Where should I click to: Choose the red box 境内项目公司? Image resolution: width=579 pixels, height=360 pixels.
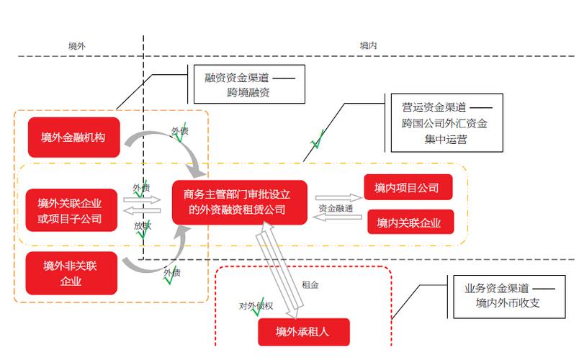coord(408,187)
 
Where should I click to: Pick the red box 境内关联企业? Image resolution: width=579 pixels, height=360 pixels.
coord(410,222)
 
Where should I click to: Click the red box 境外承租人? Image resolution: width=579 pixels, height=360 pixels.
coord(303,332)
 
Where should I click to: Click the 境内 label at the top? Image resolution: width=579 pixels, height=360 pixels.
coord(369,45)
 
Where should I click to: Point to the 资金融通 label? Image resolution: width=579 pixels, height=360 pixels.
coord(335,208)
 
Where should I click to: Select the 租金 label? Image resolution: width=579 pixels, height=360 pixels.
coord(310,284)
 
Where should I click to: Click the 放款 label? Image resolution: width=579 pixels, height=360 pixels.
coord(141,225)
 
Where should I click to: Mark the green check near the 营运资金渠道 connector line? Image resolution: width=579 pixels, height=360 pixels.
coord(316,138)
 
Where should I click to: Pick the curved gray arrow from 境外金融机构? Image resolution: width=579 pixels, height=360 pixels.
coord(166,145)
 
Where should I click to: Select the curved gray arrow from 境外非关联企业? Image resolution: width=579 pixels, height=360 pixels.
coord(162,258)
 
